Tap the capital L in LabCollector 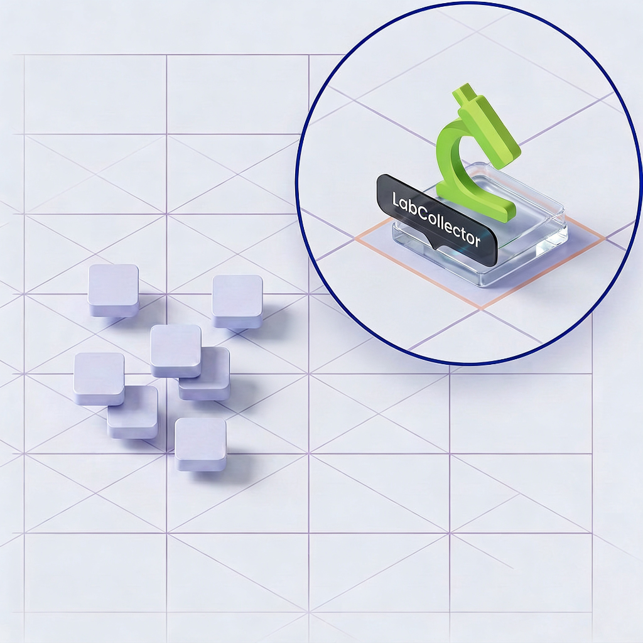point(396,200)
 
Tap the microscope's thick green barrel point(490,127)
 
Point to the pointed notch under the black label point(435,246)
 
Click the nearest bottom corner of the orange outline point(480,309)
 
